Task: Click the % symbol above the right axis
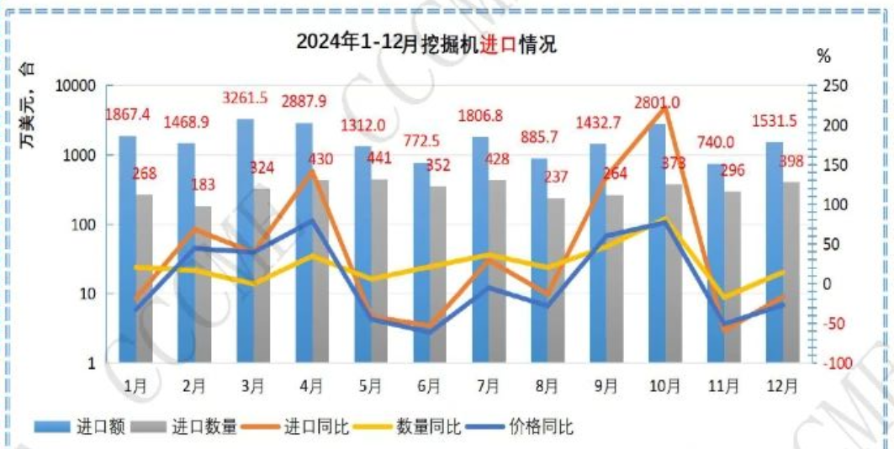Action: tap(823, 57)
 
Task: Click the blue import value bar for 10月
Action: tap(657, 243)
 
